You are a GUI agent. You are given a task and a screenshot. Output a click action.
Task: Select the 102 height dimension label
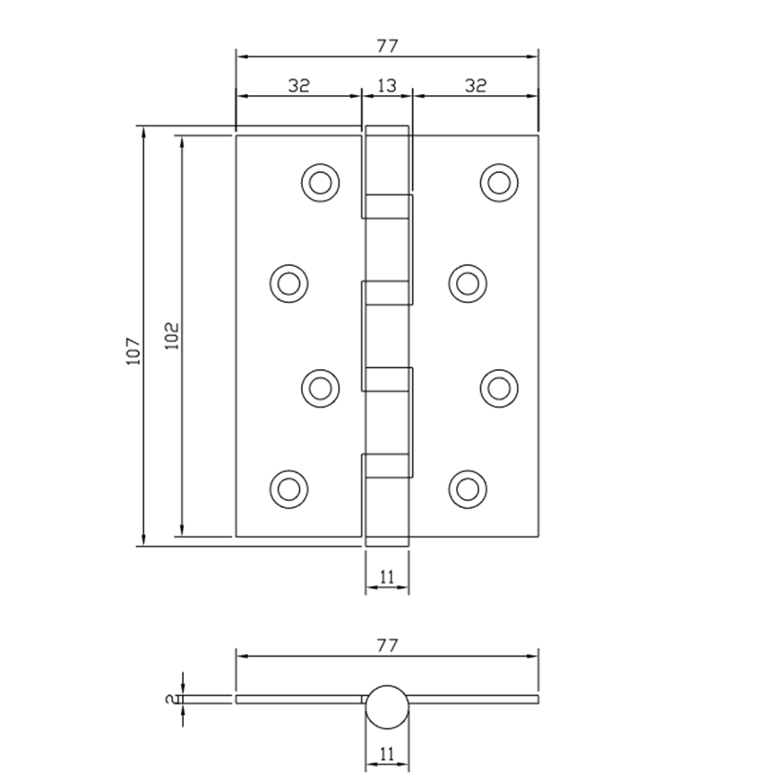pyautogui.click(x=173, y=336)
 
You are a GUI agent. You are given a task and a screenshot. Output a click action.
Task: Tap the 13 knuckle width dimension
pyautogui.click(x=386, y=86)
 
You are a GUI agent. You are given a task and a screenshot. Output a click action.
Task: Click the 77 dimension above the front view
pyautogui.click(x=386, y=47)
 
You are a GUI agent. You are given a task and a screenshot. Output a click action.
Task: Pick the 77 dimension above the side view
pyautogui.click(x=386, y=645)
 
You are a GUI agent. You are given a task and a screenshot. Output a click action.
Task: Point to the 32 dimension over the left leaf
pyautogui.click(x=298, y=86)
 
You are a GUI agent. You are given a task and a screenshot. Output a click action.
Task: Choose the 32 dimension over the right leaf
pyautogui.click(x=476, y=86)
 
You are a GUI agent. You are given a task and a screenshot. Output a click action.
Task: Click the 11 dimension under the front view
pyautogui.click(x=386, y=578)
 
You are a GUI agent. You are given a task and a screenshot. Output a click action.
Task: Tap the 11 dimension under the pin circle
pyautogui.click(x=386, y=755)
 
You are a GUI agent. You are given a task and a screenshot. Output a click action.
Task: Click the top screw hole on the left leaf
pyautogui.click(x=319, y=182)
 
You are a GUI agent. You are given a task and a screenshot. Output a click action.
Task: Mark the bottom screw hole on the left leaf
pyautogui.click(x=288, y=488)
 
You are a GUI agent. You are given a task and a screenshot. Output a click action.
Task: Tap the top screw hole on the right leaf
pyautogui.click(x=499, y=182)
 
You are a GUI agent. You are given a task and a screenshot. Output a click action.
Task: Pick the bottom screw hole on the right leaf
pyautogui.click(x=467, y=488)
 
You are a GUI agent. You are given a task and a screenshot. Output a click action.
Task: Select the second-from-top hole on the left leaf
pyautogui.click(x=288, y=283)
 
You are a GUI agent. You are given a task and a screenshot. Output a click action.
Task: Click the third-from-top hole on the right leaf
pyautogui.click(x=499, y=387)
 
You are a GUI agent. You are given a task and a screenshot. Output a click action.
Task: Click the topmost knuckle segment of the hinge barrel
pyautogui.click(x=387, y=161)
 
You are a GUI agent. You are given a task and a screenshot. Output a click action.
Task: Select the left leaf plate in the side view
pyautogui.click(x=296, y=699)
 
